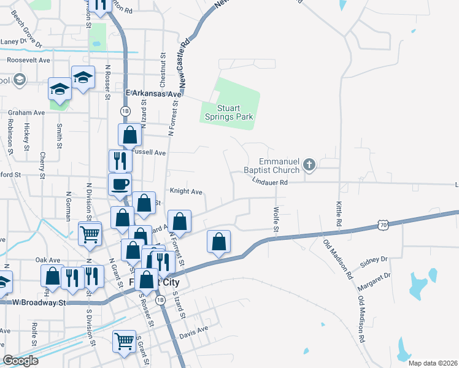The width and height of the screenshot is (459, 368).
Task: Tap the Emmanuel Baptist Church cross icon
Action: pyautogui.click(x=310, y=164)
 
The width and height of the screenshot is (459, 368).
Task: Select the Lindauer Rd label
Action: pyautogui.click(x=269, y=182)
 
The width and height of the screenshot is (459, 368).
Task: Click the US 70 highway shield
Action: pyautogui.click(x=382, y=226)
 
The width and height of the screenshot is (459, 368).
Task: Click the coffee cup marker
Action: pyautogui.click(x=120, y=183)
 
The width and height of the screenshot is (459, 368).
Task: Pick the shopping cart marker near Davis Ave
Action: pyautogui.click(x=124, y=340)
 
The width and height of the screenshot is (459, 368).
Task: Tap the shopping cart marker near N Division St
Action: pyautogui.click(x=90, y=233)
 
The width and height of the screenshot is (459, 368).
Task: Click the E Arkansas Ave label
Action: pyautogui.click(x=154, y=94)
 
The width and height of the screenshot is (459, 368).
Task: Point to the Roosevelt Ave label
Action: pyautogui.click(x=28, y=61)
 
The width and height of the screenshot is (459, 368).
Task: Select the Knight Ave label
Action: pyautogui.click(x=186, y=191)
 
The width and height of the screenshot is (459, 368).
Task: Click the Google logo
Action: pyautogui.click(x=20, y=360)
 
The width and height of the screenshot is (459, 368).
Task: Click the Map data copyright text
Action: pyautogui.click(x=432, y=363)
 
